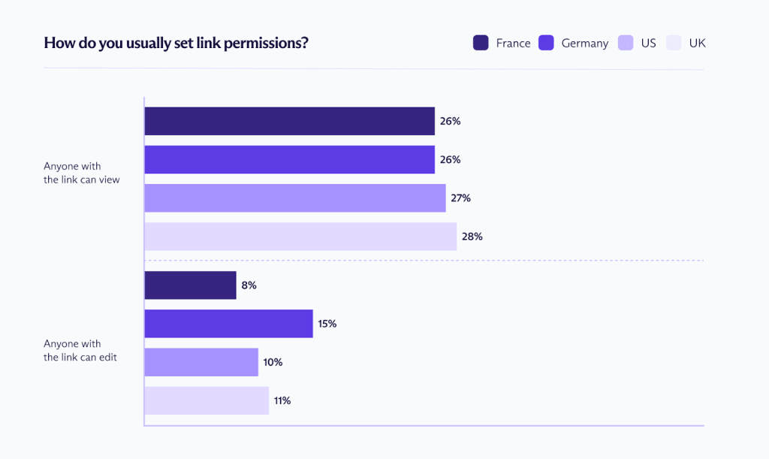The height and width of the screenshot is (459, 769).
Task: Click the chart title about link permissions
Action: (176, 43)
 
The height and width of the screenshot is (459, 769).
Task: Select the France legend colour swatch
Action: (481, 43)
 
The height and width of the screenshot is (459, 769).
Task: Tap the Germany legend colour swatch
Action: (546, 43)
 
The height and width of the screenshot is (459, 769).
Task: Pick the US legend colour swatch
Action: (626, 43)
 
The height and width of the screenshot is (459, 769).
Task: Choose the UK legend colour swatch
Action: (674, 43)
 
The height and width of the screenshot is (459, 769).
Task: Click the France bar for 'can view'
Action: (289, 121)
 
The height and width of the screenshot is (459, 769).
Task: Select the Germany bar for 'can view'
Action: (289, 159)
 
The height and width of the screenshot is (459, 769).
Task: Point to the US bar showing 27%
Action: (294, 198)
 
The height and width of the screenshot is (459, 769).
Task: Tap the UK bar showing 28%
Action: (300, 236)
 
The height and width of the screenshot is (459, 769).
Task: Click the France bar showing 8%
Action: (190, 285)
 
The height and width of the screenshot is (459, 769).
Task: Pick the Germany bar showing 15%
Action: (228, 324)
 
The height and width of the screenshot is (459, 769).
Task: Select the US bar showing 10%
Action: (201, 362)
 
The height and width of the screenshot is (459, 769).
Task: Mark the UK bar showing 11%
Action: (207, 400)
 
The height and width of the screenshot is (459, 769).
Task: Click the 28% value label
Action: (472, 236)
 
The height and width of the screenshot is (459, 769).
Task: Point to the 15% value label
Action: (327, 324)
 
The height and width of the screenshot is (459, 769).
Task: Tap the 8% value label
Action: (249, 285)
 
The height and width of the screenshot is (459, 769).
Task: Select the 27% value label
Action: (460, 198)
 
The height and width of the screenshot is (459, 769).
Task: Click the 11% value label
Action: (282, 400)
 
